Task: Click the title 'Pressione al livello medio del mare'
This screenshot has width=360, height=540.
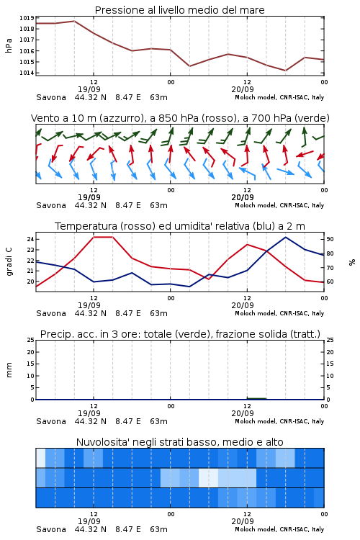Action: (180, 10)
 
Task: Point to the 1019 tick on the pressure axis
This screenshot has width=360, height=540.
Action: (27, 18)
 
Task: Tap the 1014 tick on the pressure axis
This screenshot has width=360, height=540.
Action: (27, 73)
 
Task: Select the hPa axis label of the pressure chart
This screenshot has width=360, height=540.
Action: (9, 45)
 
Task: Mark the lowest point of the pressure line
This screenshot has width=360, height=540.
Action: (285, 71)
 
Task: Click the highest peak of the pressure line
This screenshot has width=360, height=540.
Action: (74, 21)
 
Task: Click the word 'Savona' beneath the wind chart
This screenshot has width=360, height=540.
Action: (51, 205)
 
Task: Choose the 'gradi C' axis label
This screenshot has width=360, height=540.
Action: (9, 262)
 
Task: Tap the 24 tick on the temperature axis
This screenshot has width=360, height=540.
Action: (30, 239)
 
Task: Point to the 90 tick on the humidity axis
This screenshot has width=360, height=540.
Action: (330, 239)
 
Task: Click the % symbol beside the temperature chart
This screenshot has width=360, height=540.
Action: (352, 262)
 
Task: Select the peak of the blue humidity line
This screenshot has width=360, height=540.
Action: (285, 237)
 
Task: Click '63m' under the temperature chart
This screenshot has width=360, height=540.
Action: (159, 313)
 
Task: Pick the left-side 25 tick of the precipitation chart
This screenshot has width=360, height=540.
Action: (30, 340)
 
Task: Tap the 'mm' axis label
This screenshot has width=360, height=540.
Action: (9, 370)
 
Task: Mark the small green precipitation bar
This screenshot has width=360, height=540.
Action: (256, 398)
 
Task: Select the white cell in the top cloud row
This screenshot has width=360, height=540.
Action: (40, 458)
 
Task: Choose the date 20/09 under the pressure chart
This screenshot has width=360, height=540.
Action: (243, 89)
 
